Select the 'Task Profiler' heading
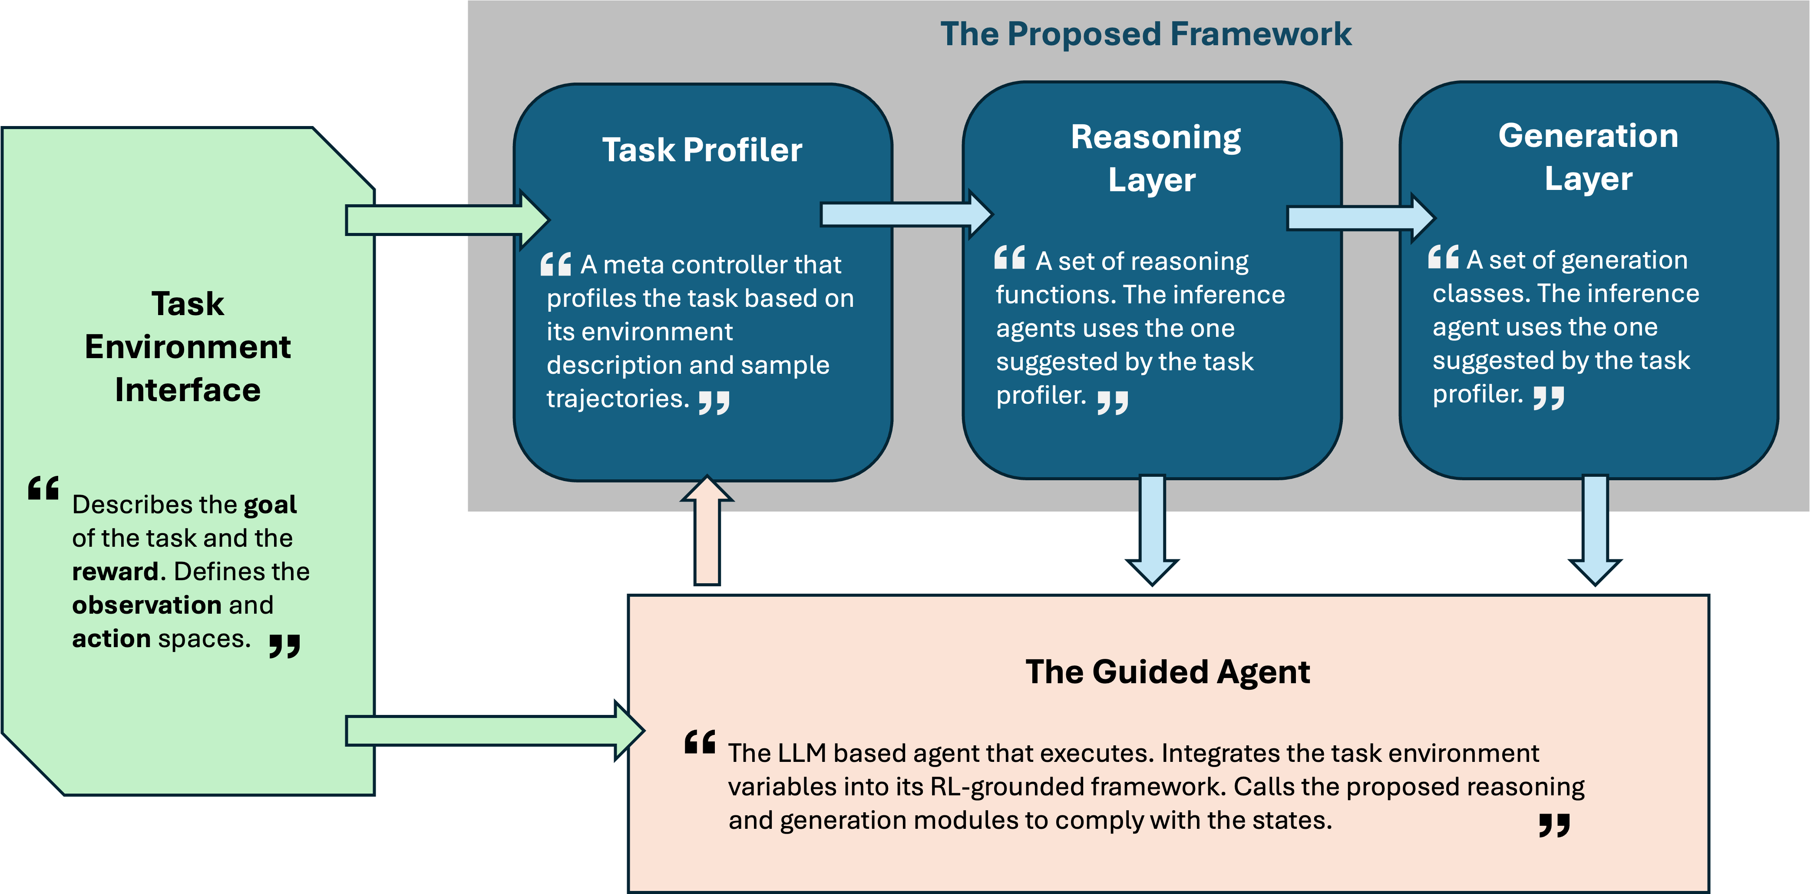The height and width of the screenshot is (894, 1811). (702, 150)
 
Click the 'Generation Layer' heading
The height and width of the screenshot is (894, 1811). (1588, 157)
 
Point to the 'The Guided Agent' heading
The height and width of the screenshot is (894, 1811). (1167, 672)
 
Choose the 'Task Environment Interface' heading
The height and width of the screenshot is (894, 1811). (188, 347)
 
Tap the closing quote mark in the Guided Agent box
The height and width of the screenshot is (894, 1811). (1554, 824)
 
